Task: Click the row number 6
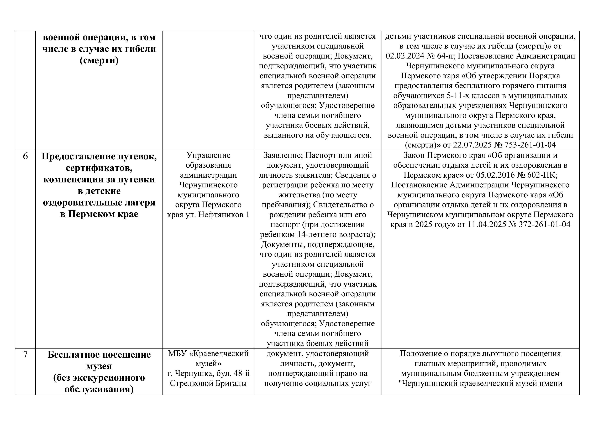pyautogui.click(x=25, y=156)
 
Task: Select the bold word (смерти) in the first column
pyautogui.click(x=99, y=61)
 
